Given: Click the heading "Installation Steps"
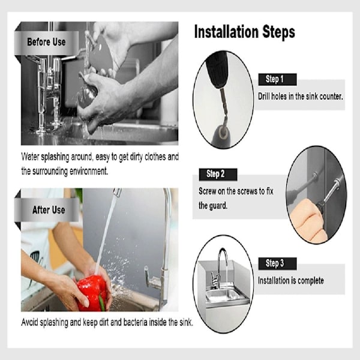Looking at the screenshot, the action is pyautogui.click(x=245, y=32).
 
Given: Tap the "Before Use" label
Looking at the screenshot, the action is pyautogui.click(x=46, y=42).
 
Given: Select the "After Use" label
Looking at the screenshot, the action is pyautogui.click(x=49, y=210).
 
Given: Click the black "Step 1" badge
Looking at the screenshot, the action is pyautogui.click(x=277, y=79).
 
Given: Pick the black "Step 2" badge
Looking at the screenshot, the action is pyautogui.click(x=218, y=174).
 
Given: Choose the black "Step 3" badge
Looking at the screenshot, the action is pyautogui.click(x=277, y=263).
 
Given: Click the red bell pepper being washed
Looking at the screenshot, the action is pyautogui.click(x=92, y=293).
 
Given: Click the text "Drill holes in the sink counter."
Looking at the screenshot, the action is pyautogui.click(x=301, y=97).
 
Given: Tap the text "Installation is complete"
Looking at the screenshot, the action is pyautogui.click(x=291, y=281).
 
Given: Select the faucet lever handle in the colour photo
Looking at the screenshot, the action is pyautogui.click(x=152, y=277).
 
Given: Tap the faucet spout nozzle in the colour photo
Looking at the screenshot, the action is pyautogui.click(x=118, y=193).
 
